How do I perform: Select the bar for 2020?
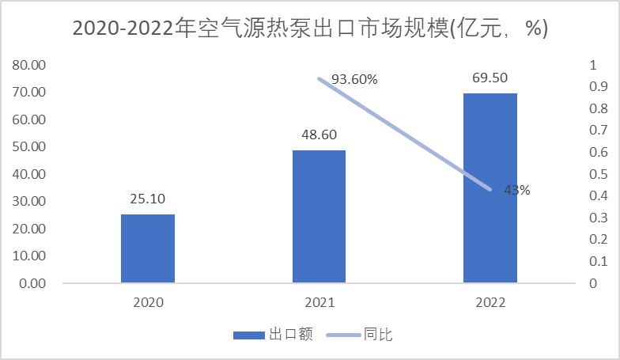[148, 248]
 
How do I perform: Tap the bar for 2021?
[319, 216]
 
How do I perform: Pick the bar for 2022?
[490, 188]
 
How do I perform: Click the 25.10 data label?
[149, 199]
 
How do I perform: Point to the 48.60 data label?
[319, 135]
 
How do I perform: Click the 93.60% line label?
[354, 79]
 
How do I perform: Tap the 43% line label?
[516, 190]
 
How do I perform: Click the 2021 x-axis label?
[319, 302]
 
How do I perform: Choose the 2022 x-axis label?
[490, 302]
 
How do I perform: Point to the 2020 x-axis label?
[148, 302]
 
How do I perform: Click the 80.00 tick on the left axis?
[30, 65]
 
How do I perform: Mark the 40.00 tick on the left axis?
[30, 174]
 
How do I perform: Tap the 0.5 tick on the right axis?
[597, 174]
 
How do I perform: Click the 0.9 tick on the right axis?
[597, 87]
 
